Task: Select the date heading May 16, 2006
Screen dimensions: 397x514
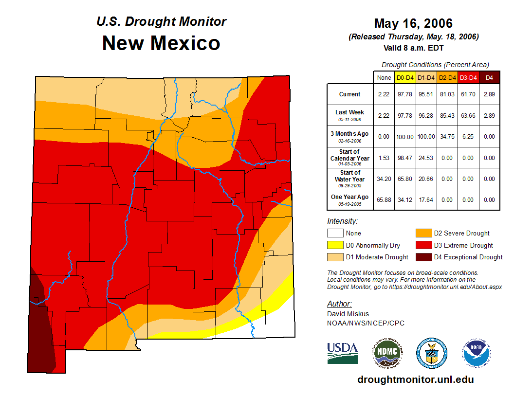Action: (x=413, y=23)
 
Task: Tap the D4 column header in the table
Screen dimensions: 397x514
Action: (x=489, y=77)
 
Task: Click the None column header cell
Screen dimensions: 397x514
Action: (x=384, y=77)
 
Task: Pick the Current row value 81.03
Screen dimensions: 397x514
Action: (x=447, y=94)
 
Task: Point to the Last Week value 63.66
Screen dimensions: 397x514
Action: (x=468, y=115)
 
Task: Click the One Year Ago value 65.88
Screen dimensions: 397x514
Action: (x=384, y=199)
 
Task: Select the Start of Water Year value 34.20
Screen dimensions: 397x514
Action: (x=384, y=179)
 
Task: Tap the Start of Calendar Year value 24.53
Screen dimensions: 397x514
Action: (x=426, y=158)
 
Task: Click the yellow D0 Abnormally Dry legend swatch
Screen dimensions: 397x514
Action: (x=334, y=245)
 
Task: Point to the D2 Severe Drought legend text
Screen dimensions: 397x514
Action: (x=461, y=234)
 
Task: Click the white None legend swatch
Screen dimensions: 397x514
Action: (x=334, y=234)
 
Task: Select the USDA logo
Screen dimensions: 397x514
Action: (x=342, y=353)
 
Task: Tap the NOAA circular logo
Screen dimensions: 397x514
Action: (x=477, y=353)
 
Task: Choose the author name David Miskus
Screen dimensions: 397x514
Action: (x=348, y=314)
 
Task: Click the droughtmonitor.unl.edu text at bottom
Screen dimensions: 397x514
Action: (x=415, y=379)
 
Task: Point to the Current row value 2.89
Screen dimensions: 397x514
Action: (x=489, y=94)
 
